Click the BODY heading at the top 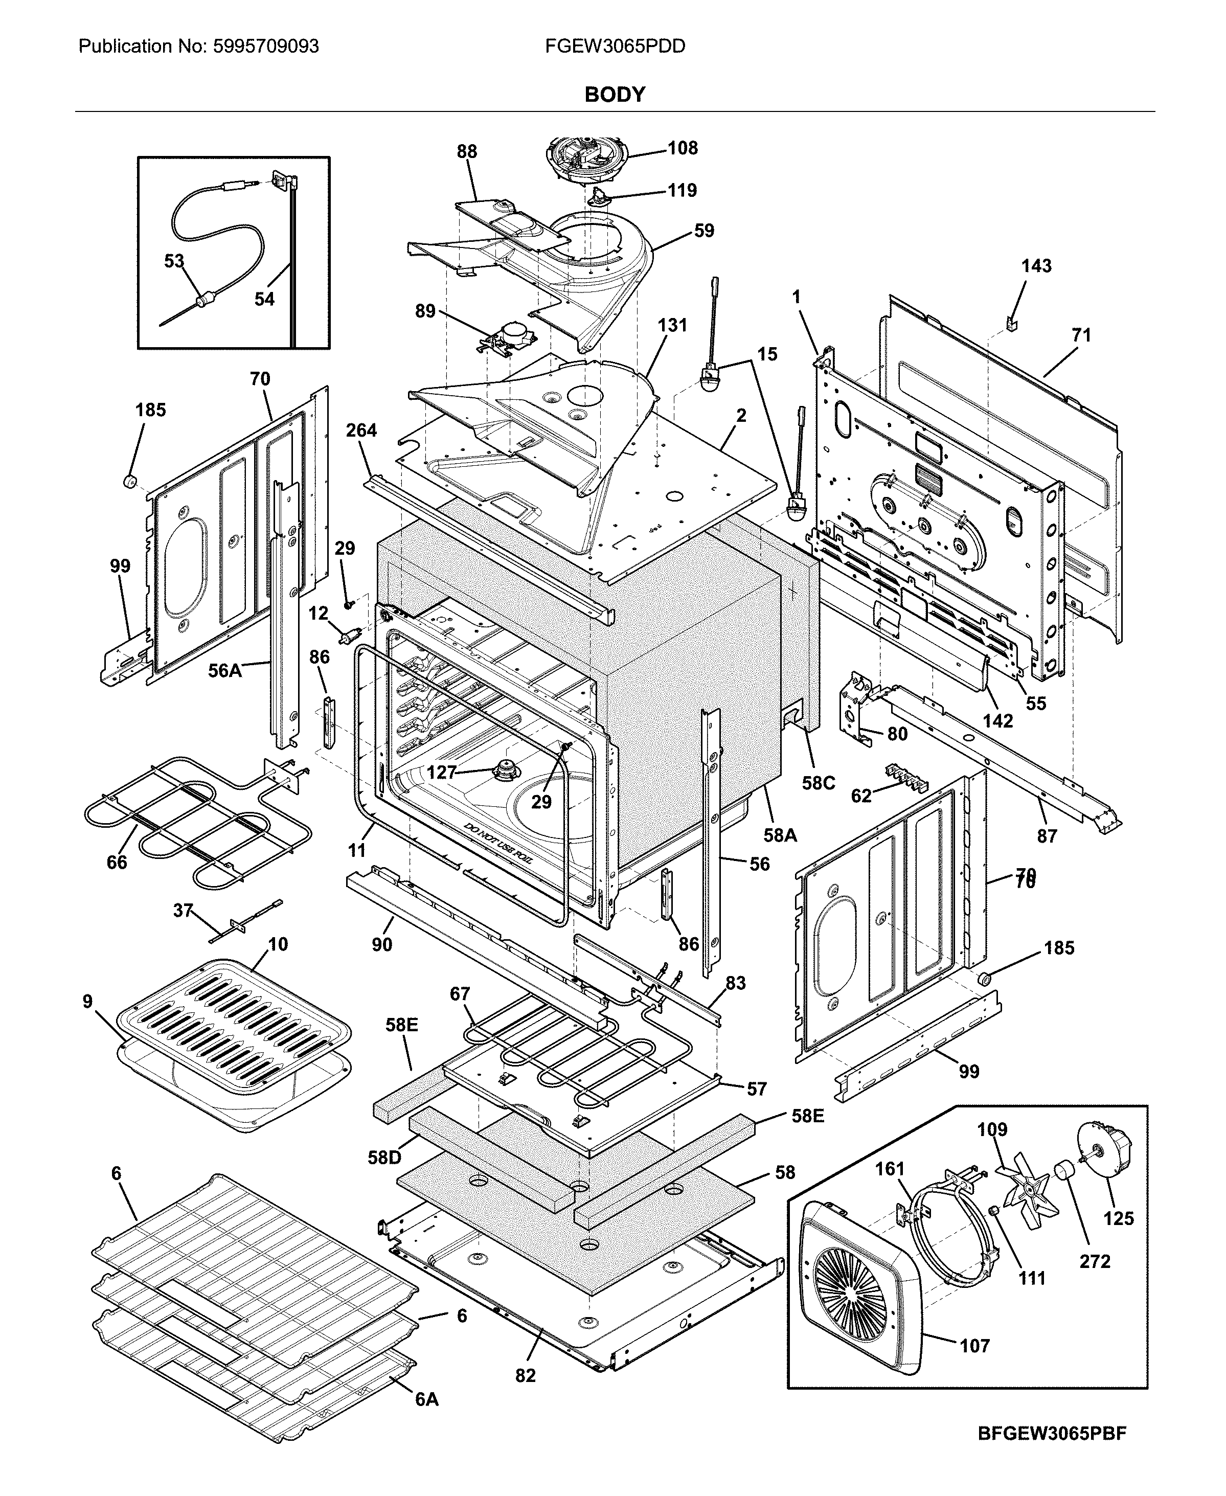(x=615, y=95)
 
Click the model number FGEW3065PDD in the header (x=615, y=47)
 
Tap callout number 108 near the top (x=682, y=148)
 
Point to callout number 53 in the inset (x=174, y=261)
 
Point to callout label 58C (x=819, y=783)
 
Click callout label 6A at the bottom (x=426, y=1419)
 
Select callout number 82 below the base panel (x=526, y=1375)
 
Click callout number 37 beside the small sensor (x=183, y=911)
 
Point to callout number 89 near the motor (x=425, y=311)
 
